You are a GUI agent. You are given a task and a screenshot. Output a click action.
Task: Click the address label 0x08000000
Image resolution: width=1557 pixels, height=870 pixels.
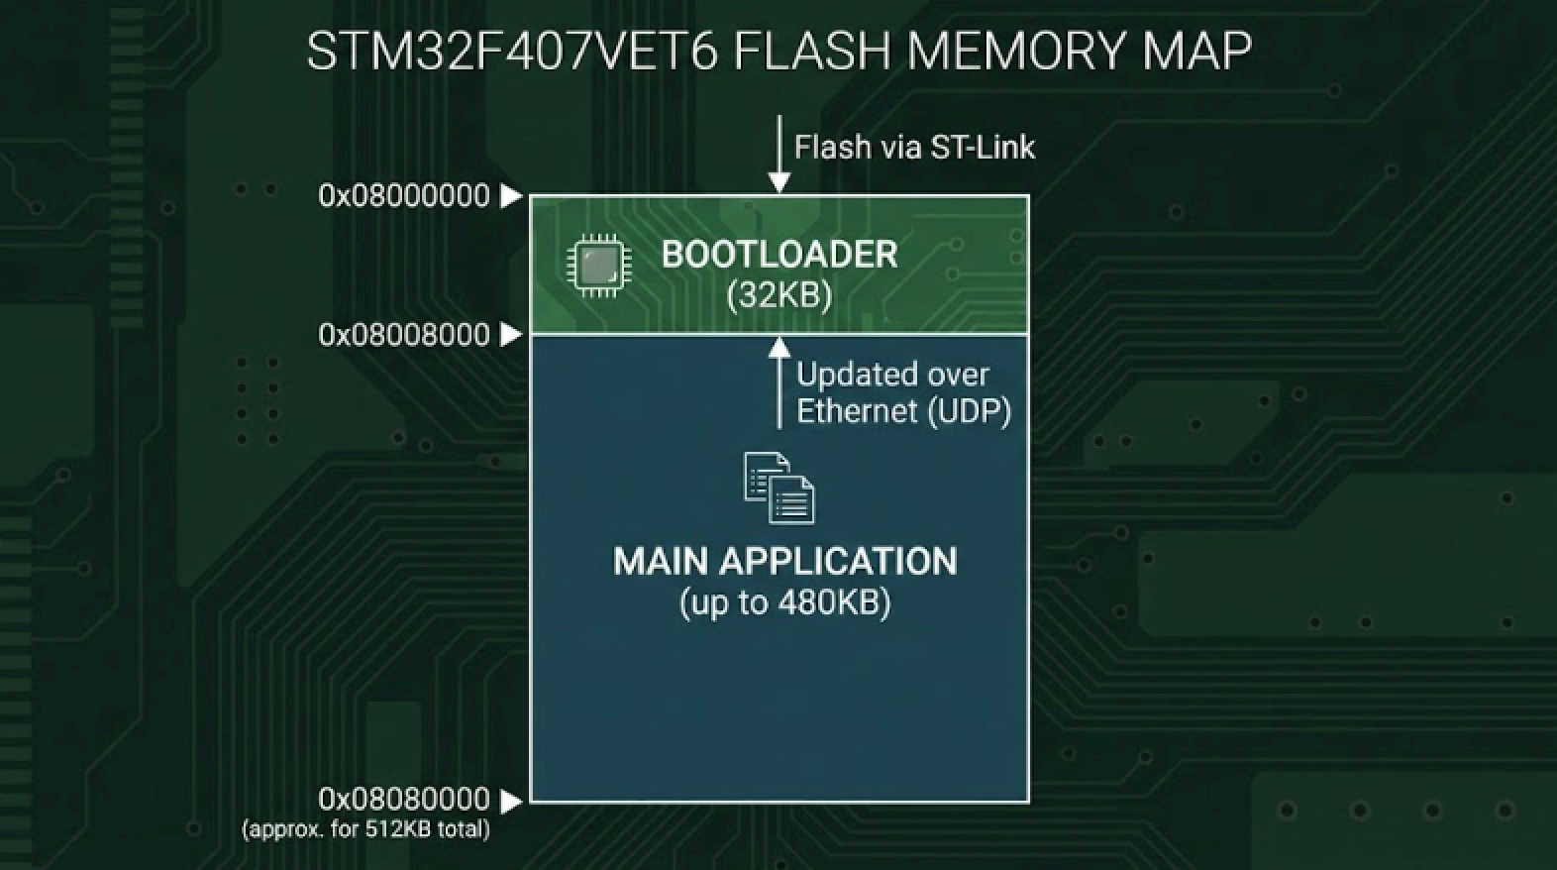pyautogui.click(x=404, y=196)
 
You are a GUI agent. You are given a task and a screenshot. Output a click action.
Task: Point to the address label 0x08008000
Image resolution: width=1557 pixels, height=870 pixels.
pyautogui.click(x=404, y=335)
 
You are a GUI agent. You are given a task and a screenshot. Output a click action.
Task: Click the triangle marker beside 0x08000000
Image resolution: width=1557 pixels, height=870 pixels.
pyautogui.click(x=511, y=196)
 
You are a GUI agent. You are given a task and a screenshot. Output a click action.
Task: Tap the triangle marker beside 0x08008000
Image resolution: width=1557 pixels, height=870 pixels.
pyautogui.click(x=511, y=335)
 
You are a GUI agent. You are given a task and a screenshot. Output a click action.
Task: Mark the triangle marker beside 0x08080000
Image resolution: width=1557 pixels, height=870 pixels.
pyautogui.click(x=511, y=800)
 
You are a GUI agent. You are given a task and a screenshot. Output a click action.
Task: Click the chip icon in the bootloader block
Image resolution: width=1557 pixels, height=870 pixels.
pyautogui.click(x=598, y=266)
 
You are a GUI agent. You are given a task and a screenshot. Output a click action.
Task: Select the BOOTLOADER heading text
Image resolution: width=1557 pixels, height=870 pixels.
pyautogui.click(x=779, y=255)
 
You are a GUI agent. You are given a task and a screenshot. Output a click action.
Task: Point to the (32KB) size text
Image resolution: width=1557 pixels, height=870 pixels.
pyautogui.click(x=779, y=295)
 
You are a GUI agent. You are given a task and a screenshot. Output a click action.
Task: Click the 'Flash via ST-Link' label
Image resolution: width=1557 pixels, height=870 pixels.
pyautogui.click(x=914, y=148)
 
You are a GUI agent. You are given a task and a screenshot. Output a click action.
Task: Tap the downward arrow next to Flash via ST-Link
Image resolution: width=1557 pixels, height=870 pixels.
pyautogui.click(x=779, y=154)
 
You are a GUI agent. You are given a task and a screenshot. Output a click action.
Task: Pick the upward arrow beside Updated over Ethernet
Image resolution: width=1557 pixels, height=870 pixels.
pyautogui.click(x=779, y=382)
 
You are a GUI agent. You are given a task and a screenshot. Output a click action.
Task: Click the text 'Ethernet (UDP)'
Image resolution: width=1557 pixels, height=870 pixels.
pyautogui.click(x=903, y=411)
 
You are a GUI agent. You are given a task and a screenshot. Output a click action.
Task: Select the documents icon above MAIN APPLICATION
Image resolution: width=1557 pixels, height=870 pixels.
pyautogui.click(x=779, y=488)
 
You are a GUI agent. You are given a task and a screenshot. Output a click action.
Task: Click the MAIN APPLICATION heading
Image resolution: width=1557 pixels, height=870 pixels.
pyautogui.click(x=785, y=562)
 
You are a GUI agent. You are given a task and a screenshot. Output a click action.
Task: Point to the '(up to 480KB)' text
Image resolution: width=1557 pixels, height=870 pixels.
pyautogui.click(x=785, y=602)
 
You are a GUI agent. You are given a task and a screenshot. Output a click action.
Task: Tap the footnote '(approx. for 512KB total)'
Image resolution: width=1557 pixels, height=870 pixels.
pyautogui.click(x=365, y=829)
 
